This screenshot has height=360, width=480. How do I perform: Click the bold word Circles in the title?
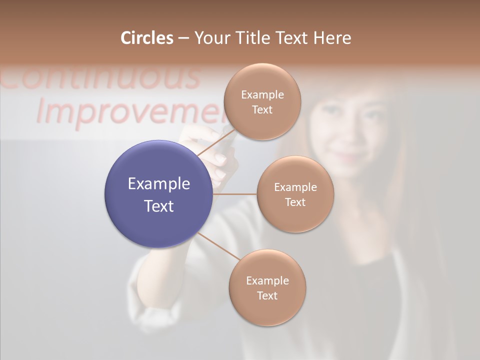(x=146, y=38)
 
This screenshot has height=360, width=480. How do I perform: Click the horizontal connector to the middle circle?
(x=235, y=194)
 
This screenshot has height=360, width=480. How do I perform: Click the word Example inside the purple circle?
(x=159, y=184)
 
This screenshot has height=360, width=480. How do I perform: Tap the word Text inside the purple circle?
(x=159, y=206)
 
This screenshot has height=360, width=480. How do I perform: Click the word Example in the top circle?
(x=262, y=95)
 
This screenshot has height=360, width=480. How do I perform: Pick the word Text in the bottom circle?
(x=267, y=296)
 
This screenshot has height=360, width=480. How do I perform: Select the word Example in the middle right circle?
(x=295, y=187)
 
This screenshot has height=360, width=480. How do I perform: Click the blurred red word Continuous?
(x=100, y=77)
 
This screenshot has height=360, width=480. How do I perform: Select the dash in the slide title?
(x=183, y=38)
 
